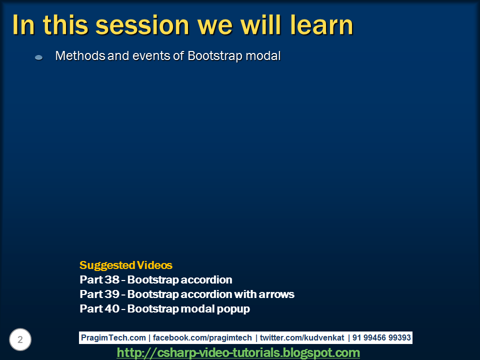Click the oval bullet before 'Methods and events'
(x=38, y=57)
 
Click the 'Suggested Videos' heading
(x=126, y=265)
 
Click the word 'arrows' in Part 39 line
(x=277, y=294)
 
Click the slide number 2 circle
(x=20, y=340)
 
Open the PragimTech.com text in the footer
(x=113, y=338)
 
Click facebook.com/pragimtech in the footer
(x=202, y=338)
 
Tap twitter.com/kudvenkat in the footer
(x=302, y=338)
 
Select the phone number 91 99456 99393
(x=381, y=338)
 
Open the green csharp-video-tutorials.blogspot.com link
(x=238, y=353)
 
